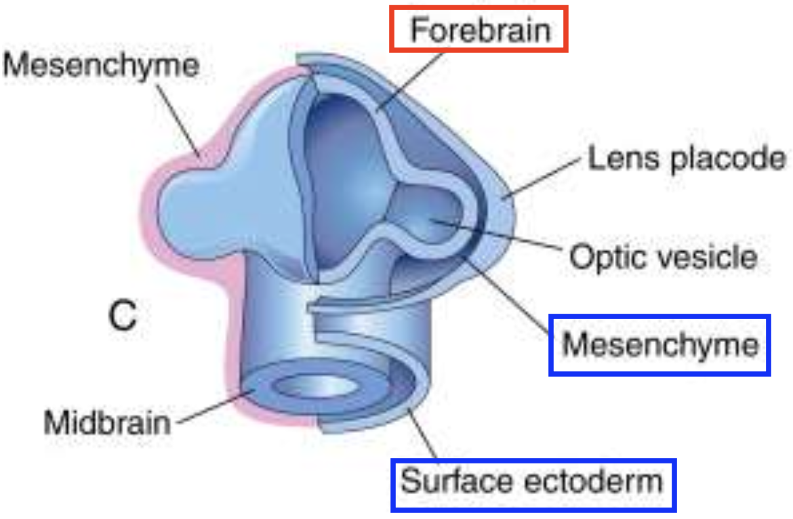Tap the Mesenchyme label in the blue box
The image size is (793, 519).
659,345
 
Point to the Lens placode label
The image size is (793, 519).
686,159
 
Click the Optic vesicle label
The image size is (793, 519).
662,257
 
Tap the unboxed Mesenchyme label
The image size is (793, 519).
102,66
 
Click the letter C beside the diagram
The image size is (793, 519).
123,316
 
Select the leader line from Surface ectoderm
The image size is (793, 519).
423,434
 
